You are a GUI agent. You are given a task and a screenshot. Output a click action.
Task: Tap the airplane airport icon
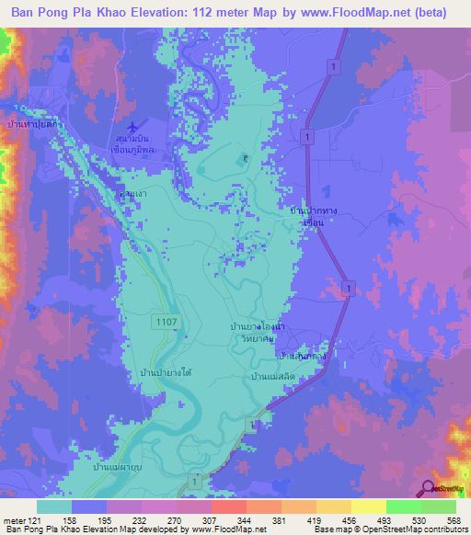(x=136, y=124)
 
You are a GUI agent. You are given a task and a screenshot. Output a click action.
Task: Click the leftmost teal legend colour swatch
(x=54, y=507)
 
